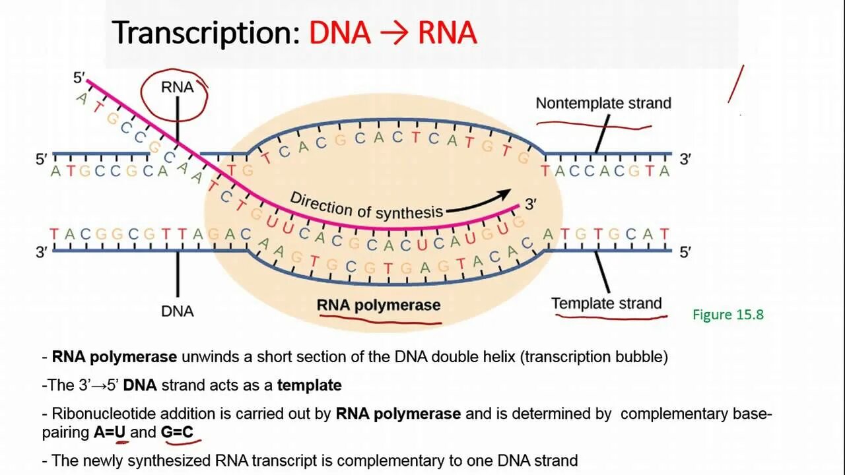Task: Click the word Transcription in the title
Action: point(205,33)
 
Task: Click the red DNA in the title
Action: point(339,33)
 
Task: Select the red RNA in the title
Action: point(447,33)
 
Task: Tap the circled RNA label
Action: point(177,88)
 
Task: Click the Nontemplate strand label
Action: point(603,104)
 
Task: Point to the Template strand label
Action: point(606,303)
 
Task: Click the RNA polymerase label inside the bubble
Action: point(378,305)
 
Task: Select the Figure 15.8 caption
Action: point(727,315)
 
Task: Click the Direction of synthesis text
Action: point(366,206)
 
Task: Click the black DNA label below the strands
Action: point(177,311)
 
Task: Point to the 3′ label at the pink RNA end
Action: point(529,205)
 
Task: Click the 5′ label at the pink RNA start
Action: point(79,78)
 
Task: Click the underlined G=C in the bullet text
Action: point(177,433)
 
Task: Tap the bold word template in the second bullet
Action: point(309,385)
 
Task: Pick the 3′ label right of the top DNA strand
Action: point(685,160)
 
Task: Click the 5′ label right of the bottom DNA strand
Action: point(685,251)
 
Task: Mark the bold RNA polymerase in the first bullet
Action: point(114,357)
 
